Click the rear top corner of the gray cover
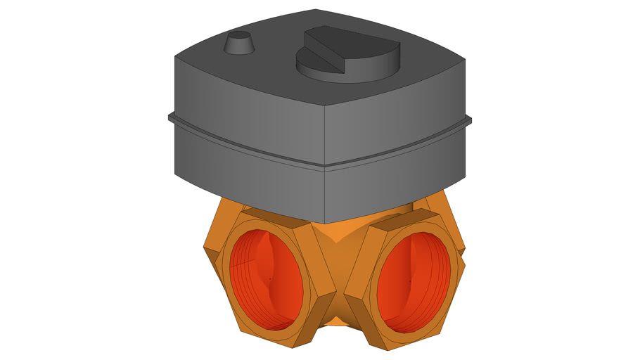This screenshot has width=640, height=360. coord(316,11)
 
